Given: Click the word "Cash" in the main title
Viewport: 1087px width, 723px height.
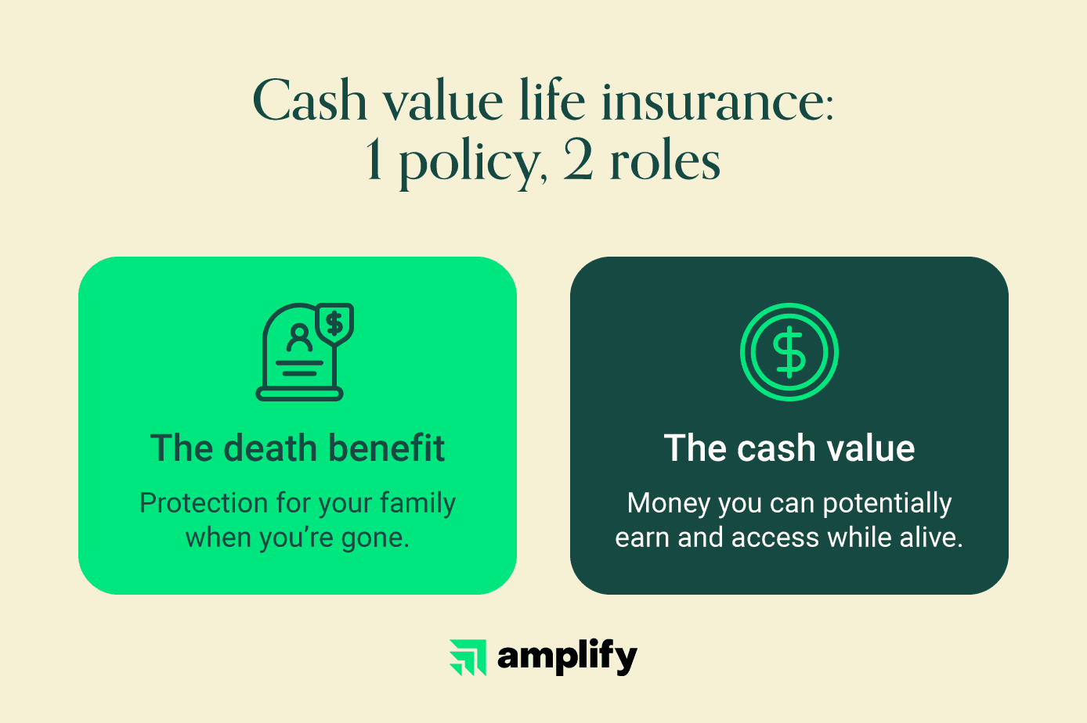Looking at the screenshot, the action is click(x=309, y=100).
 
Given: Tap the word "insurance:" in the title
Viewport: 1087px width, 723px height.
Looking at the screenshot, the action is click(x=717, y=100).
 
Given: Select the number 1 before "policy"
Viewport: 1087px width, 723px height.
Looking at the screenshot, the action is click(x=374, y=159).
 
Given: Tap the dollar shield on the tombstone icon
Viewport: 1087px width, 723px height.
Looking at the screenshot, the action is click(x=334, y=323).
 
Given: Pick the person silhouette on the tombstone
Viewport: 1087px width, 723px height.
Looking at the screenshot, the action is click(x=299, y=337).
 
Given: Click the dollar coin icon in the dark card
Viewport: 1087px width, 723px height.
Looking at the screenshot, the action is click(x=789, y=351).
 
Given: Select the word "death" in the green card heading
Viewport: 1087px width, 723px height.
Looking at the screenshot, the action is click(x=270, y=448).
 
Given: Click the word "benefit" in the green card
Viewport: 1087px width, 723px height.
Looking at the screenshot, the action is click(x=387, y=448).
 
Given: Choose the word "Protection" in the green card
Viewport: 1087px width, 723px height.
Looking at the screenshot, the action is click(x=203, y=503).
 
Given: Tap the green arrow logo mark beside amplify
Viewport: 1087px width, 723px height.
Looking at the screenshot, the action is click(x=468, y=657).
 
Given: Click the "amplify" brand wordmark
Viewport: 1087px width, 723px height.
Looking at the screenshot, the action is click(x=567, y=657).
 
